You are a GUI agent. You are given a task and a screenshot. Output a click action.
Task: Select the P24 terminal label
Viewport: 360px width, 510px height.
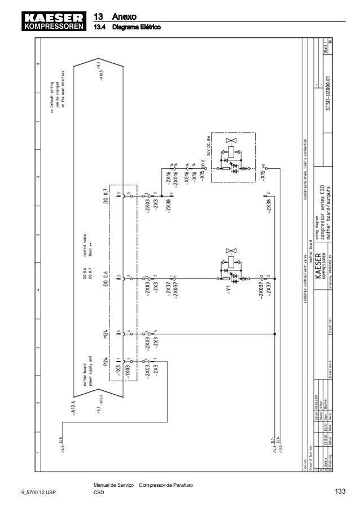tap(105, 361)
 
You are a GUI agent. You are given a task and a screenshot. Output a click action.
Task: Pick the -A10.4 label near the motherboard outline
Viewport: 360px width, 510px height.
tap(74, 407)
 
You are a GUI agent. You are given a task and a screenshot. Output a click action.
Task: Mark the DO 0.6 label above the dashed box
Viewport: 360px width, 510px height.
tap(105, 278)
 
